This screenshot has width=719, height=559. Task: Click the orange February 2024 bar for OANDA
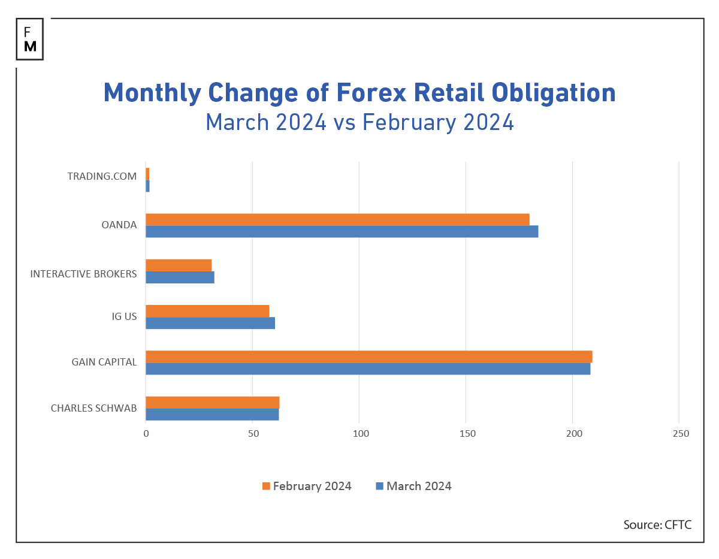[x=337, y=219]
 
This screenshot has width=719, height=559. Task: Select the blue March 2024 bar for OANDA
[x=342, y=231]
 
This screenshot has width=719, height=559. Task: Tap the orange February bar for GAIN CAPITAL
[x=368, y=356]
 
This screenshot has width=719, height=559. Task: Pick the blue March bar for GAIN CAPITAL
[x=368, y=368]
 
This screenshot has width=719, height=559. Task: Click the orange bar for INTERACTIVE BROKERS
[x=179, y=265]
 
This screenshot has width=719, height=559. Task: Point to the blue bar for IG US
[x=210, y=323]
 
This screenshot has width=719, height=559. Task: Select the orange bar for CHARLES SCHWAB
[x=212, y=402]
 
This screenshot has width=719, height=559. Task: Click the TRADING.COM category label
[x=102, y=176]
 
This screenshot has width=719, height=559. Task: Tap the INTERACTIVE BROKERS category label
[x=83, y=274]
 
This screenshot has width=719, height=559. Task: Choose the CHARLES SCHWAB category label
[x=93, y=408]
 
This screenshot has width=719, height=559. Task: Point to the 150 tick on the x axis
[x=466, y=434]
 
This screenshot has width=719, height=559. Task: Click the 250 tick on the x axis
[x=680, y=434]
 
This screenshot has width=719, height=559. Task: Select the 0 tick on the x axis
[x=146, y=434]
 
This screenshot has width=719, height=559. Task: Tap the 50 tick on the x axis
[x=253, y=434]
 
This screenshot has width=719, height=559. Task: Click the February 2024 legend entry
[x=307, y=486]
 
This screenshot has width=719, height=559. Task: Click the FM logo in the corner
[x=30, y=39]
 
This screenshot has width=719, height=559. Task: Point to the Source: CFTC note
[x=657, y=525]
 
